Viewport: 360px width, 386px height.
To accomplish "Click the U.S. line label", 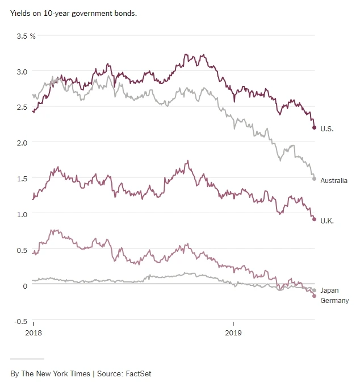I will pos(326,128).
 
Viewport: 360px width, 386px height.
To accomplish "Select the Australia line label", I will pos(334,181).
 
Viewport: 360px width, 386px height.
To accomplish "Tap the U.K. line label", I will pos(326,221).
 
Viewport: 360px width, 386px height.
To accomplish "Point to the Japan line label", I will pos(329,290).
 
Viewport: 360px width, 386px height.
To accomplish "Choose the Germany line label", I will pos(334,301).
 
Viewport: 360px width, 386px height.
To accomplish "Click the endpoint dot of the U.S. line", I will pos(314,127).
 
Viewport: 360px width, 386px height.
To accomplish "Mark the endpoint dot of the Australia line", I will pos(314,179).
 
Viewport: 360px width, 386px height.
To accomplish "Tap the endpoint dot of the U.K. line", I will pos(314,219).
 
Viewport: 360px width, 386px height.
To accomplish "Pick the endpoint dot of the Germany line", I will pos(314,296).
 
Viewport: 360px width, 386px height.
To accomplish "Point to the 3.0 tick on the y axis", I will pos(21,72).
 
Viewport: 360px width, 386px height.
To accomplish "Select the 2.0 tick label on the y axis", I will pos(21,143).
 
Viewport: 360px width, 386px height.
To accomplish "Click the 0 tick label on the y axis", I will pos(25,285).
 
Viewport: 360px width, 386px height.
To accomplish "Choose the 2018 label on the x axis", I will pos(34,331).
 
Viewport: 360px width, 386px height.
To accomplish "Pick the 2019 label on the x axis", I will pos(233,331).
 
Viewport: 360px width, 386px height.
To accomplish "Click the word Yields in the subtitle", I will pos(20,13).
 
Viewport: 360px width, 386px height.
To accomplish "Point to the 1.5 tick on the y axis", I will pos(21,179).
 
